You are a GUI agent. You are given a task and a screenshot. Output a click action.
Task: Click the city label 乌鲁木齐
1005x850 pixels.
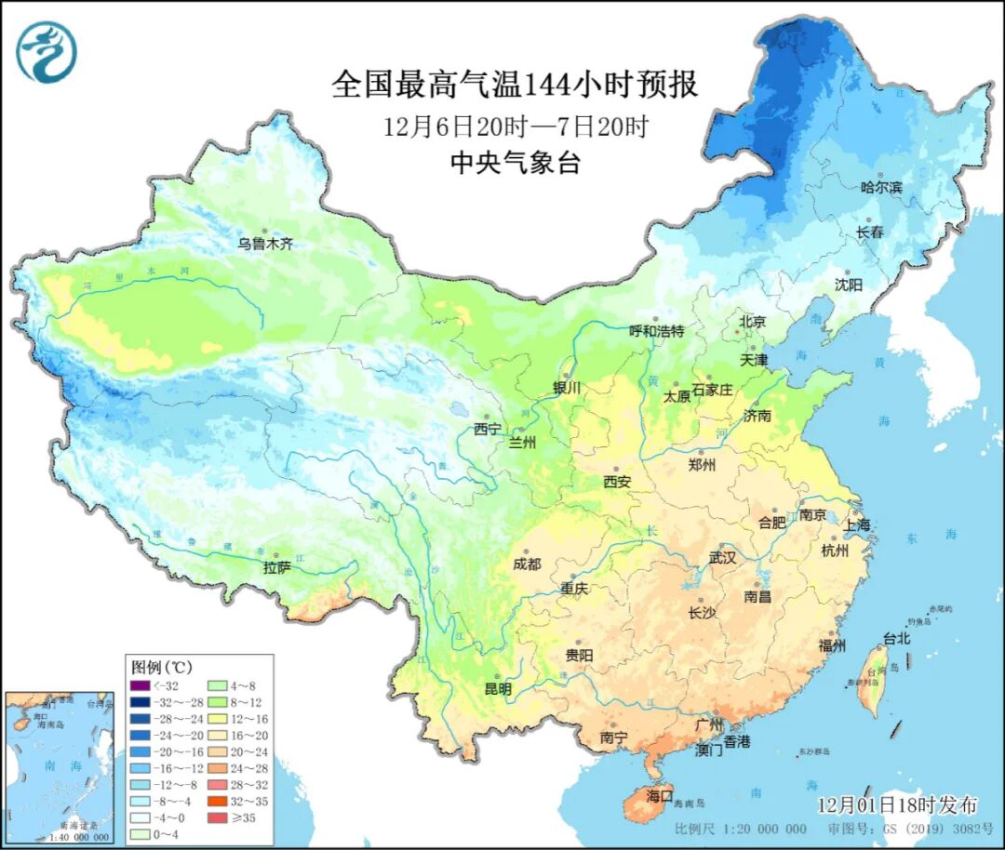coord(264,244)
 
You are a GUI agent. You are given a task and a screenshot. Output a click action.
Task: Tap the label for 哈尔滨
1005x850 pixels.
coord(881,187)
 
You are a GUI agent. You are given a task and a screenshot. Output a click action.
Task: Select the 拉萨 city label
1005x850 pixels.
coord(277,566)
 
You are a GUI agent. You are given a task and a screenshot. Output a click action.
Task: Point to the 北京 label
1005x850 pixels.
coord(752,322)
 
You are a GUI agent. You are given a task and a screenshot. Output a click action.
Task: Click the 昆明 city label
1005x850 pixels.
coord(498,689)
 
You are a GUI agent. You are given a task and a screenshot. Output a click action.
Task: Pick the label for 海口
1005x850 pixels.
coord(659,797)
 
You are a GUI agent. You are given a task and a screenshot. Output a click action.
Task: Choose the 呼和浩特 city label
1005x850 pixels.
coord(657,331)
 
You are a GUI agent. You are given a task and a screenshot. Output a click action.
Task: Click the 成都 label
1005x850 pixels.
coord(527,564)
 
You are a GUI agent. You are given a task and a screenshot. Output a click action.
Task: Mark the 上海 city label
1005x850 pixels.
coord(857,525)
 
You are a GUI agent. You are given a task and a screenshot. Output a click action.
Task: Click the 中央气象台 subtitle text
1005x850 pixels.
coord(515,164)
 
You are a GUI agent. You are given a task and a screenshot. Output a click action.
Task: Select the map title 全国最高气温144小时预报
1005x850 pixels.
coord(515,86)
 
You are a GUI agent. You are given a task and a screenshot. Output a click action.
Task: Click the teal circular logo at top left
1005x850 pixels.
coord(46,51)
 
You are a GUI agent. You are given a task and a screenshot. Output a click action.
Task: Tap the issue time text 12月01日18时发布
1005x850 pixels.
coord(897,804)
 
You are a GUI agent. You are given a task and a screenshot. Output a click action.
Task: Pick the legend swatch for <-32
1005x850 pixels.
coord(141,686)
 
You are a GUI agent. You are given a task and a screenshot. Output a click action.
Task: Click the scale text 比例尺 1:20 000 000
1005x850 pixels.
coord(741,829)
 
